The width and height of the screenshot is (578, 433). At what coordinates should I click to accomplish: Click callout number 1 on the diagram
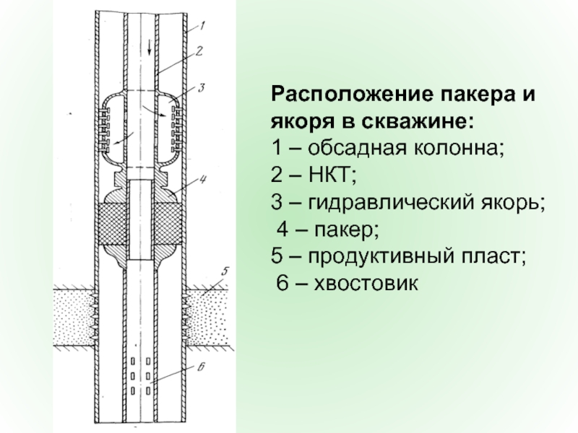[x=204, y=27]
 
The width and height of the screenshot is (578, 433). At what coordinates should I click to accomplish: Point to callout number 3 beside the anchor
[x=203, y=87]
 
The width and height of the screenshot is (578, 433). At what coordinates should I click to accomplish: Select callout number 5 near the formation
[x=225, y=272]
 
